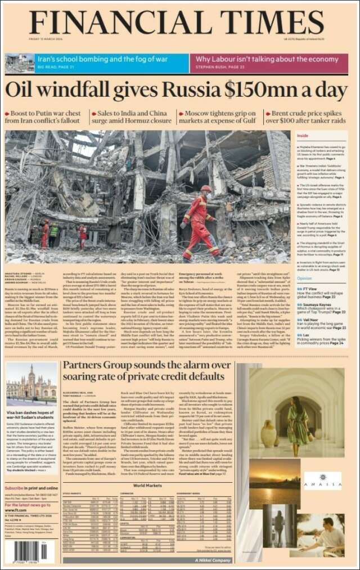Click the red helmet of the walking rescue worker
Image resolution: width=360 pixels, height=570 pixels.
coord(206,189)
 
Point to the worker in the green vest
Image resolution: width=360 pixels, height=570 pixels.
coord(53,232)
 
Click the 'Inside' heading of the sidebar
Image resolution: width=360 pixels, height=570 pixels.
coord(303,136)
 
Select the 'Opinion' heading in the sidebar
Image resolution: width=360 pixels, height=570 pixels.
coord(304,279)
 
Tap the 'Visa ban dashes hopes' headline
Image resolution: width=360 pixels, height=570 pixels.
coord(31,414)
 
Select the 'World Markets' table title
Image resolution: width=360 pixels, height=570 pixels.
coord(147,484)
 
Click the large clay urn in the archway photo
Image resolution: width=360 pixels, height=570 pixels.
coord(269,434)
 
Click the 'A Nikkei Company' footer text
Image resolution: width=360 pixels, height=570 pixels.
coord(213,560)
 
